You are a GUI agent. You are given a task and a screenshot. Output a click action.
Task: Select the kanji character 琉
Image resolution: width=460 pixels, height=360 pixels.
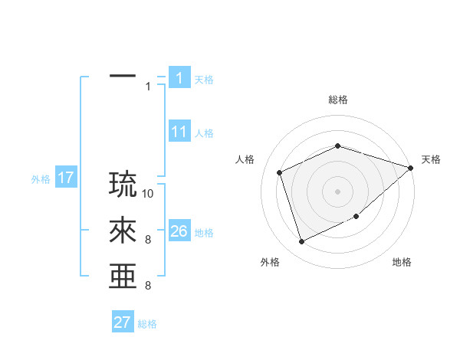123,184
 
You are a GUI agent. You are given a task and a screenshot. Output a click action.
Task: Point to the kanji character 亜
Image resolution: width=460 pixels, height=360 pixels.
123,277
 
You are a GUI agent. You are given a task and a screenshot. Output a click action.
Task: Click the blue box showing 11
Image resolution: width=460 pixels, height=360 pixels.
179,132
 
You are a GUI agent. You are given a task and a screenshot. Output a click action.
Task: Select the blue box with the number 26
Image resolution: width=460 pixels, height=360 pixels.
179,231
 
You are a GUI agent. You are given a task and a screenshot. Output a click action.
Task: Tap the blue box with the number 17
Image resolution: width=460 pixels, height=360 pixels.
65,178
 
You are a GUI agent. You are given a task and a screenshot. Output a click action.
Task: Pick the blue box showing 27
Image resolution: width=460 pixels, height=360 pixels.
123,322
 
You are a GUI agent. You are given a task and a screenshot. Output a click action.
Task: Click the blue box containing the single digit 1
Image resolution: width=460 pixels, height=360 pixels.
179,77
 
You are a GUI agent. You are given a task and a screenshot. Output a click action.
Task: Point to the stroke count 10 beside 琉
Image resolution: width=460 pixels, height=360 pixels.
149,194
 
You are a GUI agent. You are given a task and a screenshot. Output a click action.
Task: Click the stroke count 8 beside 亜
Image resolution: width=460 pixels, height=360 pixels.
147,286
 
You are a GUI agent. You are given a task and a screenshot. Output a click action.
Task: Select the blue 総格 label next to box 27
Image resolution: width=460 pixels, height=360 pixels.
147,324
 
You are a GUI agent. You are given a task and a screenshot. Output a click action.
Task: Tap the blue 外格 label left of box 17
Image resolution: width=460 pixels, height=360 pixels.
41,179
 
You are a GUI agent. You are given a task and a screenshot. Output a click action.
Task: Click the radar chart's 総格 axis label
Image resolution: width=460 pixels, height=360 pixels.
337,100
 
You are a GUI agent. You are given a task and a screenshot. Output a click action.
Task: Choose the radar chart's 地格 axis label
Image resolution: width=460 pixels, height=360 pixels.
402,262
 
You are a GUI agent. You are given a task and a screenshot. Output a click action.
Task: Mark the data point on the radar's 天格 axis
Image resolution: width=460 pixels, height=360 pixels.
410,168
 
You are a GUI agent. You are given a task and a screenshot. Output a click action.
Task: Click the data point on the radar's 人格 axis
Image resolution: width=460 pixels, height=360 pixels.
281,172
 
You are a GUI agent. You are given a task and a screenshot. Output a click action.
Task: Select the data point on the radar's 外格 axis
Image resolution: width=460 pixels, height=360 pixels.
302,241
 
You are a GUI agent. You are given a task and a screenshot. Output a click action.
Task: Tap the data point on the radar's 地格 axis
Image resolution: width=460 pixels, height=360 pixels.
357,217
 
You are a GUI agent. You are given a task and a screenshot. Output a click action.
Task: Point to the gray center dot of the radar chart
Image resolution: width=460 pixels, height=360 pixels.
337,191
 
